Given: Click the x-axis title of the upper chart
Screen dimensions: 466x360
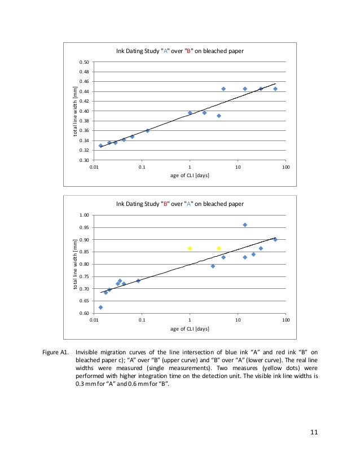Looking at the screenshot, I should point(190,175).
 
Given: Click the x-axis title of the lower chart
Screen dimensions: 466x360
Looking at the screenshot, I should point(190,329).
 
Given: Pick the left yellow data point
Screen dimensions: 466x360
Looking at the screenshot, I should point(190,248).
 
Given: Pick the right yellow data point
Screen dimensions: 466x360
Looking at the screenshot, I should point(219,248).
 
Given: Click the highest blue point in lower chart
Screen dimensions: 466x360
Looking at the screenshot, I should point(245,225).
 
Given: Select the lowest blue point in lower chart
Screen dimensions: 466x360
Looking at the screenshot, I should point(100,307).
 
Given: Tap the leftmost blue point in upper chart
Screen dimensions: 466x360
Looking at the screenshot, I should point(100,146).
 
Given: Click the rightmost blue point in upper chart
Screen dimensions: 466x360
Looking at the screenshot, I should point(275,89).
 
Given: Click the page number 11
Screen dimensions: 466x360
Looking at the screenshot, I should point(315,432).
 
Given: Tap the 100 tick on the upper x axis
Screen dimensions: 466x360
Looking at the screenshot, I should point(286,168).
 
